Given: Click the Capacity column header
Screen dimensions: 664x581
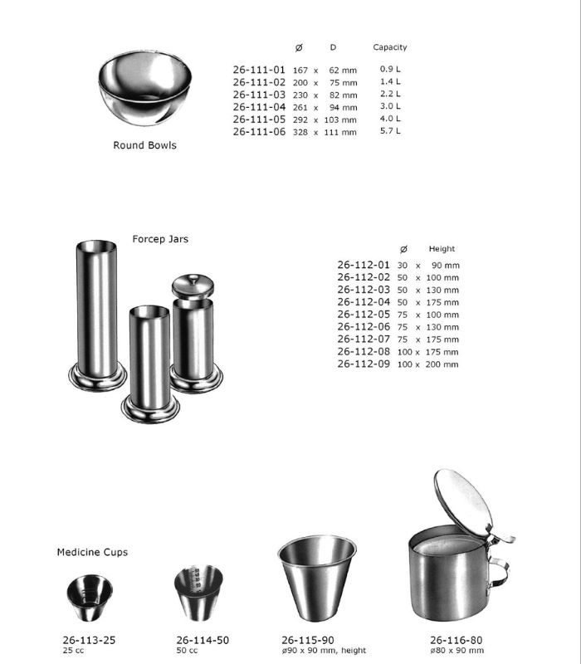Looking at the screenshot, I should [389, 47].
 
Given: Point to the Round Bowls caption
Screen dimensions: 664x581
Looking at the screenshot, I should [144, 145].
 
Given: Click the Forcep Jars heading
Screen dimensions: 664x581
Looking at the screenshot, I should [160, 239].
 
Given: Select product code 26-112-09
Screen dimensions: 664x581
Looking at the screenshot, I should [363, 364].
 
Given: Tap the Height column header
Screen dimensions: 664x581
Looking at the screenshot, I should [442, 249].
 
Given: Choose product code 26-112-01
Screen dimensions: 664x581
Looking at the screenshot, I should [363, 265].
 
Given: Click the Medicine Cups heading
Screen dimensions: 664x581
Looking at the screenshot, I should [92, 552].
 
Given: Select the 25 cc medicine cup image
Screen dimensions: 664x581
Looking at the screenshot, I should [89, 598].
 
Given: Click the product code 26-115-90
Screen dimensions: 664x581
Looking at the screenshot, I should [309, 640].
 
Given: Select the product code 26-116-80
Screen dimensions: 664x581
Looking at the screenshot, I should [456, 640].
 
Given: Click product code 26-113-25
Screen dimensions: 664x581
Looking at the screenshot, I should [89, 640].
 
